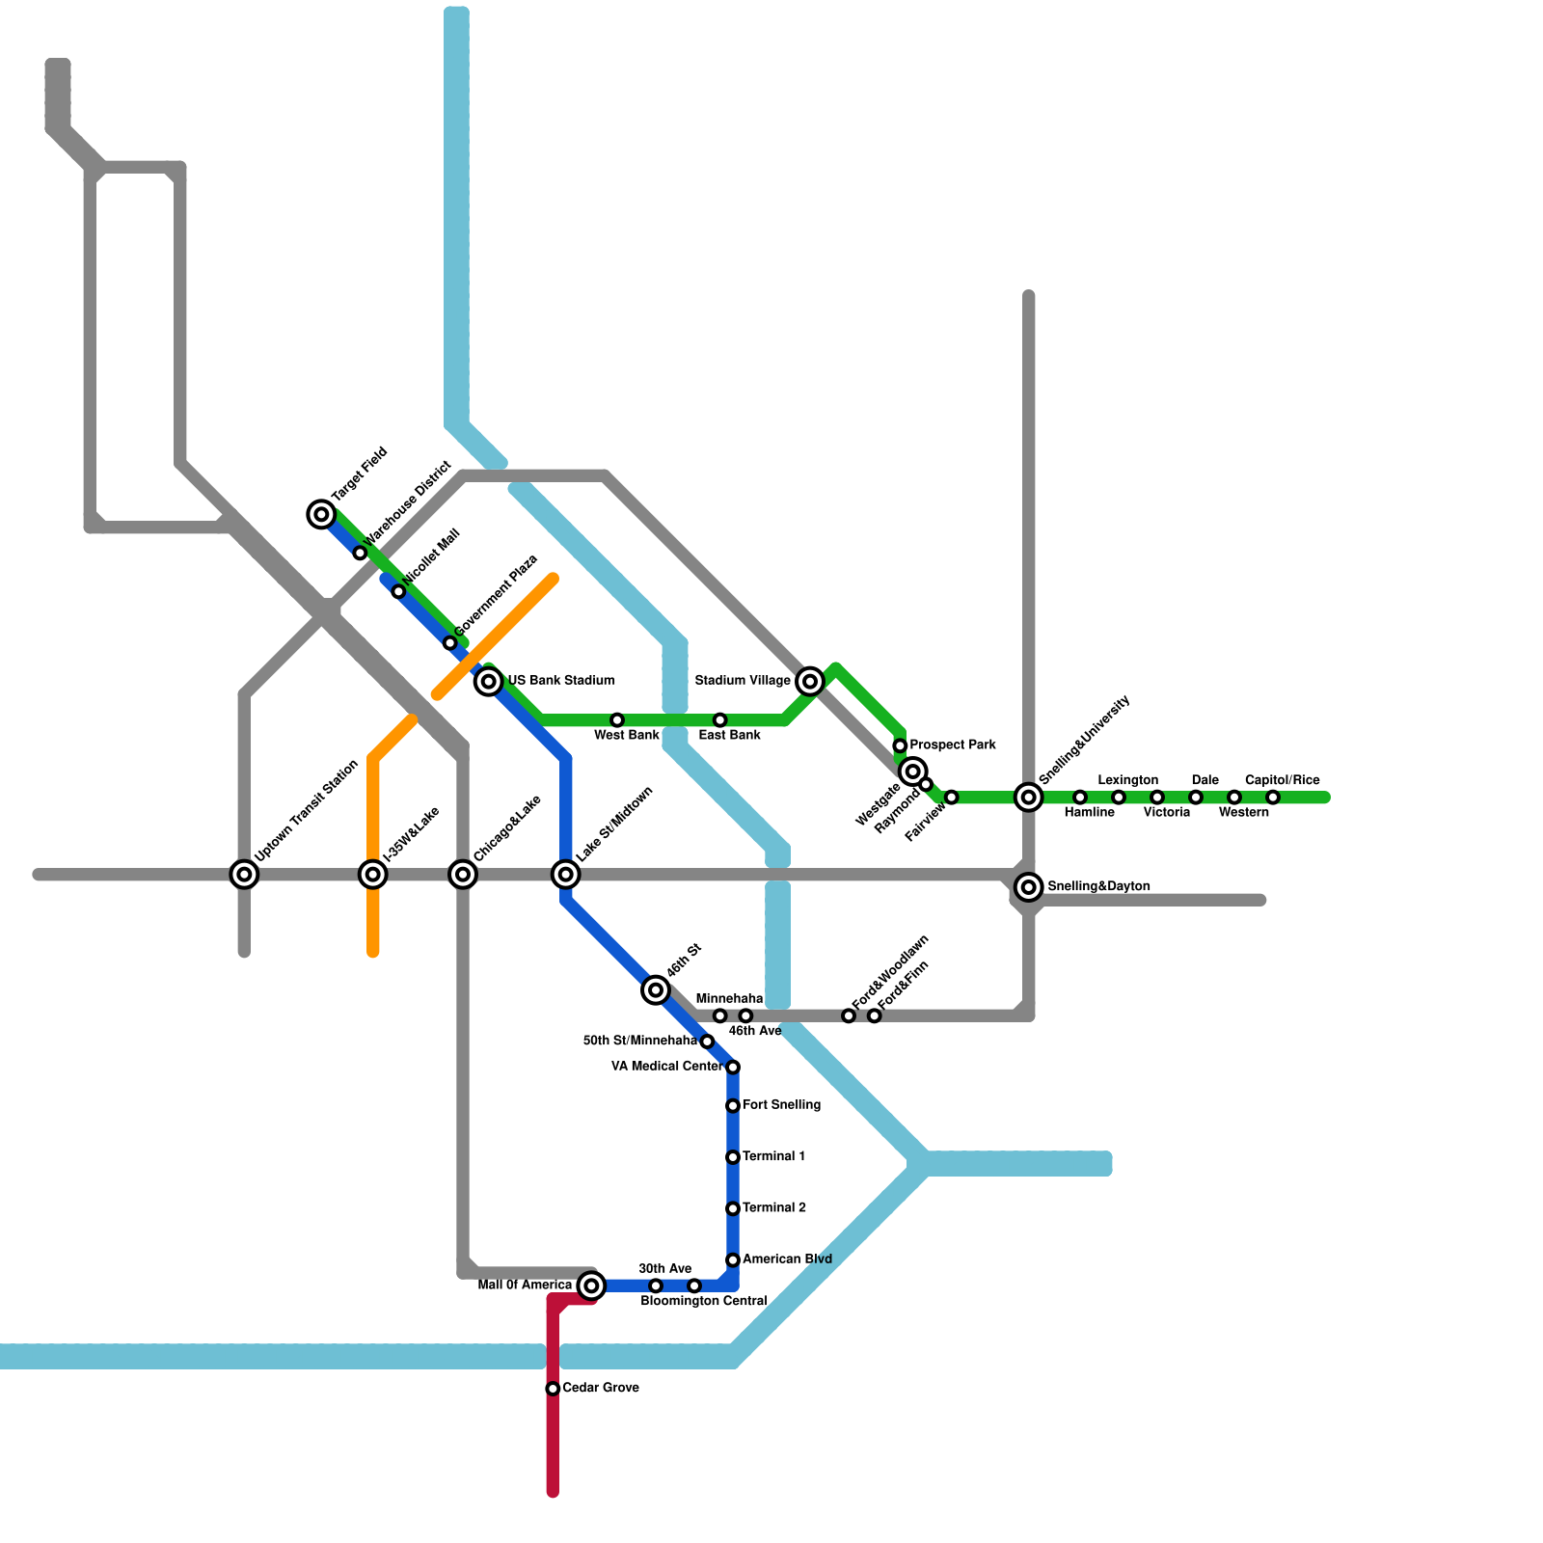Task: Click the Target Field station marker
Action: pos(321,514)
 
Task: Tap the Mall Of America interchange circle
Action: pos(592,1285)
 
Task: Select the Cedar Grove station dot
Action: pos(553,1389)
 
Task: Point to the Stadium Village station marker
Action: pos(811,682)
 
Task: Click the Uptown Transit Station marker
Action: pos(245,875)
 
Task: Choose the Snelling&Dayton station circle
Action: pos(1030,886)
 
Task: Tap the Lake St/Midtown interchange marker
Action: pos(566,875)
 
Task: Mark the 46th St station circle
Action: pos(656,989)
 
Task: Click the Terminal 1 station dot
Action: pos(733,1157)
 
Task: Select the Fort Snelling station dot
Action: pos(733,1106)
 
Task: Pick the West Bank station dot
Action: pos(617,720)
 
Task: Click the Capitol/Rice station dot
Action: pos(1273,798)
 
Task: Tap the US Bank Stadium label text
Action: pos(561,681)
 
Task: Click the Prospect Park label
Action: pos(953,745)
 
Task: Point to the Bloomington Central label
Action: pos(704,1302)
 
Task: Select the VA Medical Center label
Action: pos(666,1067)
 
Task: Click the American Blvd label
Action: pos(787,1259)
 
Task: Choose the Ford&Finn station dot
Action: pos(875,1016)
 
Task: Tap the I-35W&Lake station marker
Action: pos(373,875)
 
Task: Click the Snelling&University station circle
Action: pos(1030,798)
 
